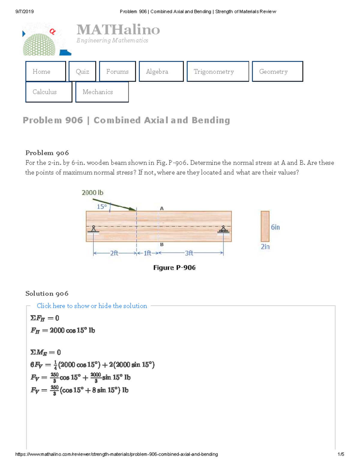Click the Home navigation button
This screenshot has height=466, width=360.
pyautogui.click(x=46, y=71)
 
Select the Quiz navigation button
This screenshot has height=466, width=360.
pyautogui.click(x=82, y=71)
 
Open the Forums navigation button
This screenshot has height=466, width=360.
pyautogui.click(x=117, y=71)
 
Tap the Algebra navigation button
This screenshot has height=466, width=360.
pyautogui.click(x=161, y=71)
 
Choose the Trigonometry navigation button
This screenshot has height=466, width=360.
pyautogui.click(x=217, y=71)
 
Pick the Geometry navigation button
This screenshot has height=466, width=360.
pyautogui.click(x=277, y=71)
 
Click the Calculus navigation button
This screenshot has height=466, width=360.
pyautogui.click(x=49, y=92)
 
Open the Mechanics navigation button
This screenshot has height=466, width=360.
pyautogui.click(x=102, y=92)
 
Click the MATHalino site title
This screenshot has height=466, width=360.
pyautogui.click(x=118, y=30)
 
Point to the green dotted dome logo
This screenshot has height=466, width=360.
pyautogui.click(x=39, y=44)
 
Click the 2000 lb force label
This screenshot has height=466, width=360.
pyautogui.click(x=92, y=193)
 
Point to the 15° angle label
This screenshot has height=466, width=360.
pyautogui.click(x=102, y=207)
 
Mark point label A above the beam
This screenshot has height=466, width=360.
pyautogui.click(x=162, y=208)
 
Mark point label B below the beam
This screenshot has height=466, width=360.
pyautogui.click(x=162, y=245)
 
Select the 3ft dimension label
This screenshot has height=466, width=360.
pyautogui.click(x=189, y=253)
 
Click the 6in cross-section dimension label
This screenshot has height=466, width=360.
pyautogui.click(x=275, y=227)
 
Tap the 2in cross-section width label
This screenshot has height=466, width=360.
pyautogui.click(x=265, y=247)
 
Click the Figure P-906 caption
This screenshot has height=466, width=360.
pyautogui.click(x=174, y=268)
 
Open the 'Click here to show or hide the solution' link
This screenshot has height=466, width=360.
pyautogui.click(x=92, y=306)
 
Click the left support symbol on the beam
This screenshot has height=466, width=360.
pyautogui.click(x=94, y=229)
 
